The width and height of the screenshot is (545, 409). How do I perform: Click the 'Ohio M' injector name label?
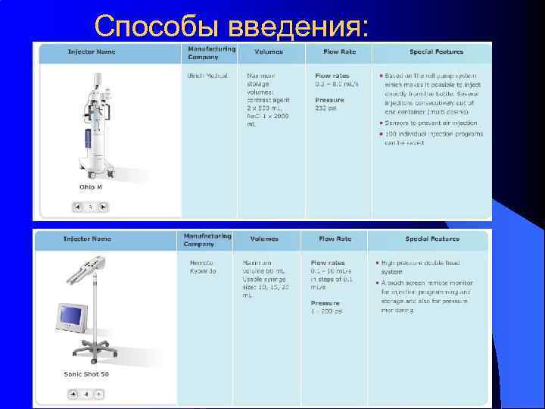[x=91, y=186]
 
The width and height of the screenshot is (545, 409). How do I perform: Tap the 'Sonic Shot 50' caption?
[x=86, y=374]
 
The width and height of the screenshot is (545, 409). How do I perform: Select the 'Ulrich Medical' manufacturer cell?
[x=207, y=76]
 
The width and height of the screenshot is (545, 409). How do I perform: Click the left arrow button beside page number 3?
[x=76, y=206]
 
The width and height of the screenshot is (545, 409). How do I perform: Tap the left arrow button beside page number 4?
[x=73, y=394]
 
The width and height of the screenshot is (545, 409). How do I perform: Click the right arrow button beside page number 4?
[x=99, y=394]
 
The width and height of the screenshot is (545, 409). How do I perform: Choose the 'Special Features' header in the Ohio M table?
[x=436, y=52]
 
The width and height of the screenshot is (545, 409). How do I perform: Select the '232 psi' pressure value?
[x=326, y=108]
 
